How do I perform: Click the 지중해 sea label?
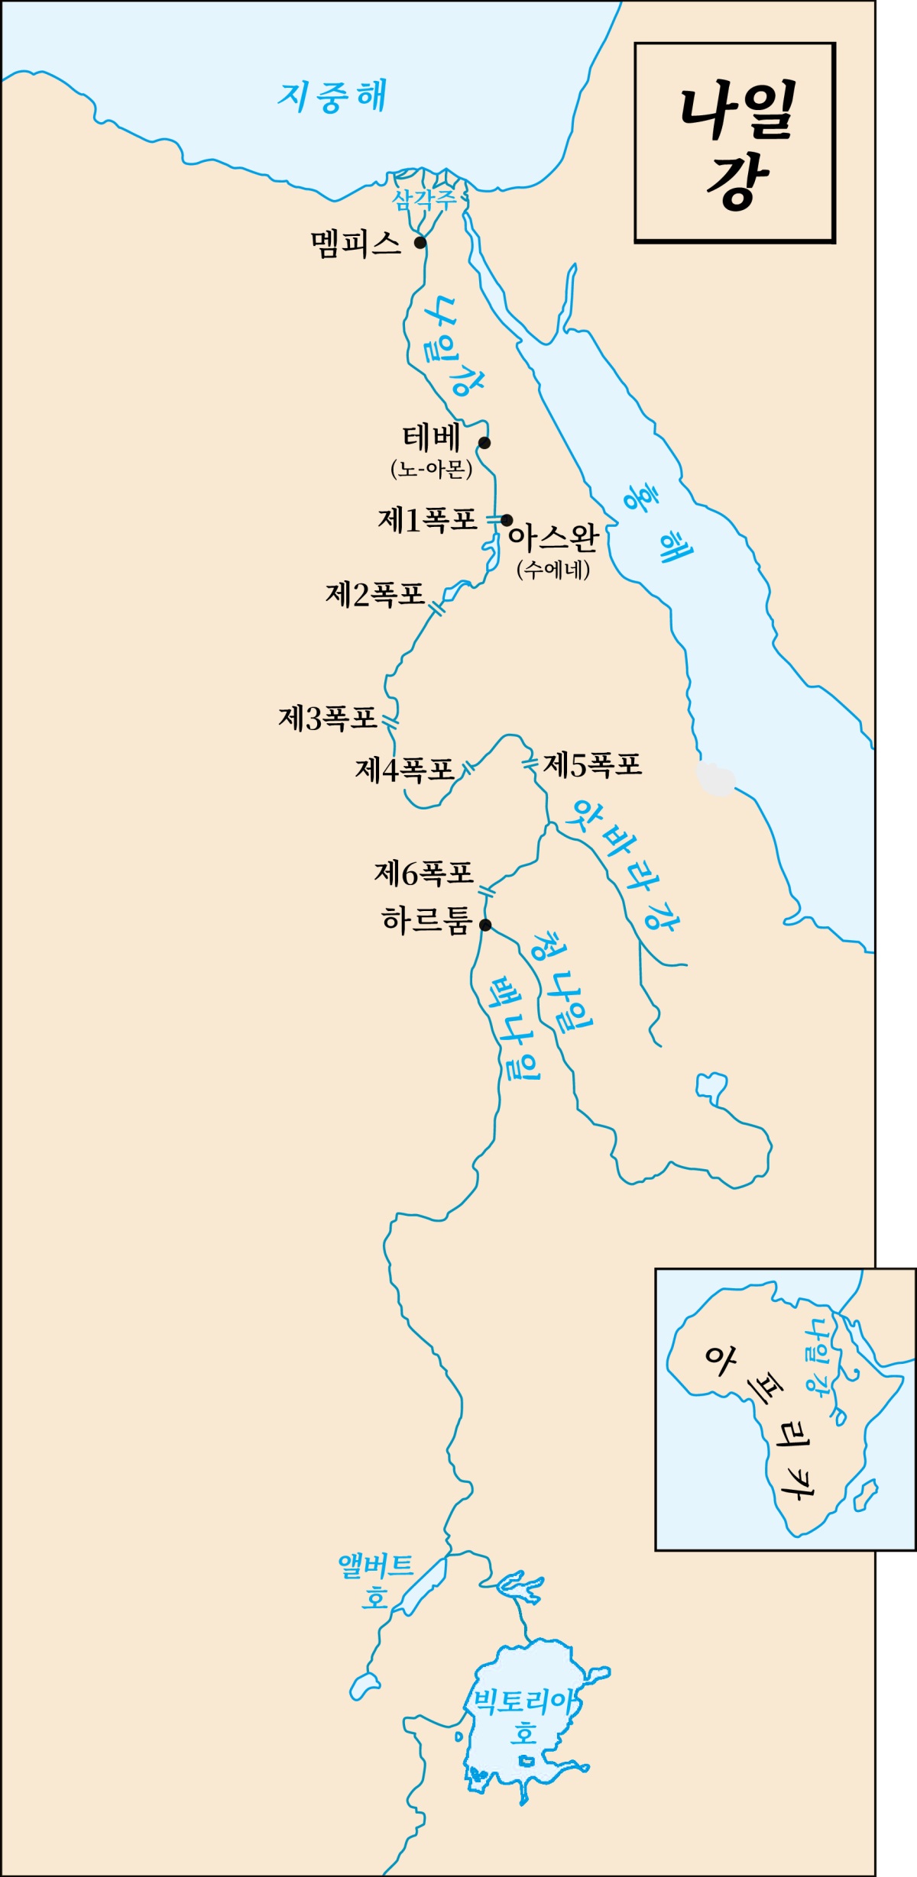[x=332, y=97]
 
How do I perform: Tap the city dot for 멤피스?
[x=420, y=243]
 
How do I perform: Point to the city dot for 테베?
[x=484, y=443]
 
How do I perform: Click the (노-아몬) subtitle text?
[x=431, y=468]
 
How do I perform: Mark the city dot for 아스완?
[x=506, y=521]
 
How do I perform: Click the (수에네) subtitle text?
[x=553, y=569]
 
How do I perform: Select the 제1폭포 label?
[x=427, y=521]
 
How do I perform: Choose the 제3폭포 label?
[x=328, y=718]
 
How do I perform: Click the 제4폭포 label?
[x=404, y=770]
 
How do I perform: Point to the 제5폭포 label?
[x=592, y=764]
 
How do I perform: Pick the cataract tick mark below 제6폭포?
[x=486, y=892]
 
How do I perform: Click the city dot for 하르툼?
[x=485, y=926]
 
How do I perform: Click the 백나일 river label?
[x=514, y=1027]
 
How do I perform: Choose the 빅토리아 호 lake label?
[x=523, y=1714]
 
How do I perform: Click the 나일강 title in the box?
[x=735, y=145]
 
